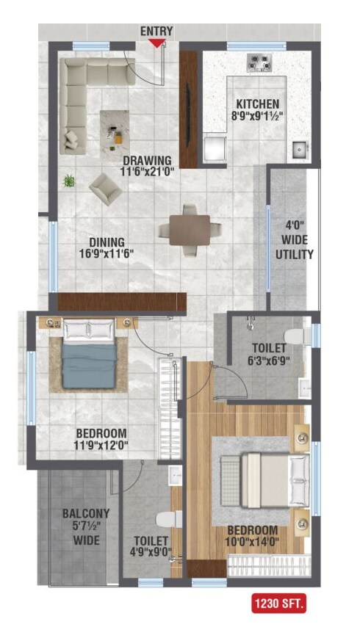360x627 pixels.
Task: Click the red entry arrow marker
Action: pos(156,43)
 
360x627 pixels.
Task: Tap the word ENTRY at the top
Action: pos(156,31)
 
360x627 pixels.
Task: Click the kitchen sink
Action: pos(300,151)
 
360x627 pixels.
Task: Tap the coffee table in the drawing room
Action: pos(115,130)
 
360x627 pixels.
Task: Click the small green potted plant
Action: pos(69,180)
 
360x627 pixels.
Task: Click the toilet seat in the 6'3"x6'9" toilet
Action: pos(295,336)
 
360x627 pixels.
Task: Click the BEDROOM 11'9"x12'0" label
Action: pos(101,439)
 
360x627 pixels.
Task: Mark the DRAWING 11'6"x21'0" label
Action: pos(147,166)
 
